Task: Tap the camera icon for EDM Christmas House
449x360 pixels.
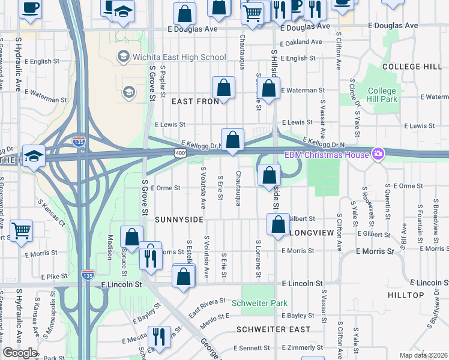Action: click(378, 155)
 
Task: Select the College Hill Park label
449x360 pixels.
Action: click(382, 95)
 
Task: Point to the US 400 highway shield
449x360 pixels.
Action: click(190, 154)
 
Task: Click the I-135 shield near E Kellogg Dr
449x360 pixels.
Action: click(79, 142)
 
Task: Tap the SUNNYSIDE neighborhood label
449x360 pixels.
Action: click(179, 220)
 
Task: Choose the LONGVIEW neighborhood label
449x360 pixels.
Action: click(310, 231)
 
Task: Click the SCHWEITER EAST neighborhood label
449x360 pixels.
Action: click(273, 329)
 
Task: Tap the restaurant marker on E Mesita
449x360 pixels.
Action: click(159, 336)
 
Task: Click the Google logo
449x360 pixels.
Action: click(20, 353)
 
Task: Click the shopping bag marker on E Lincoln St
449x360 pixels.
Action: click(184, 277)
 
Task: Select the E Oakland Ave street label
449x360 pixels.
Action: click(304, 42)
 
